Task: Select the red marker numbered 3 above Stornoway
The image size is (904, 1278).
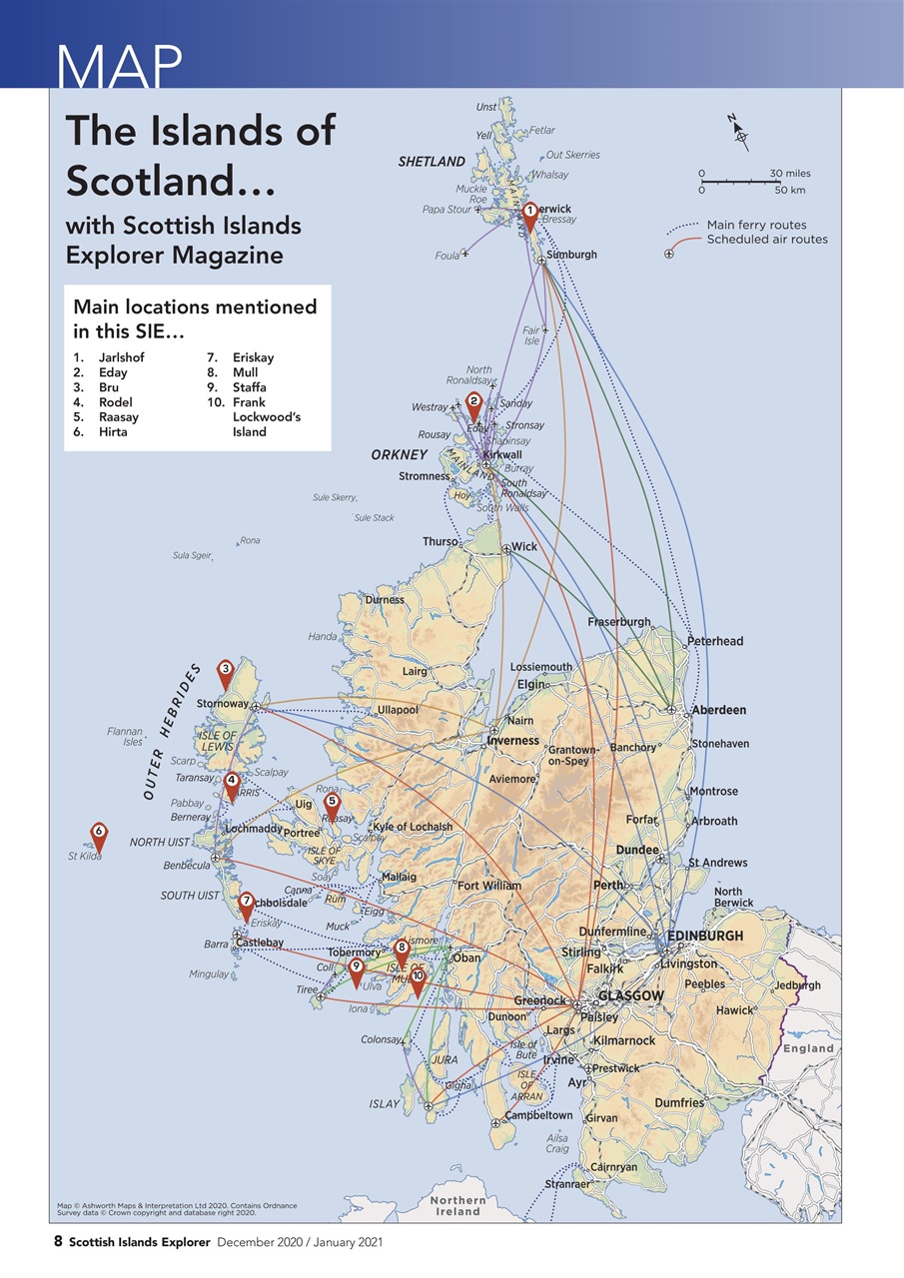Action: click(226, 673)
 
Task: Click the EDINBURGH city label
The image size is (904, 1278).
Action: click(705, 936)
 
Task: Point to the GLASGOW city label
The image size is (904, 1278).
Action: click(631, 996)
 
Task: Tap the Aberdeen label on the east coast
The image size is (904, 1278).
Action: click(719, 710)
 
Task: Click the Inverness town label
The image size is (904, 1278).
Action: click(512, 741)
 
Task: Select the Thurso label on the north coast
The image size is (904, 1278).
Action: click(440, 541)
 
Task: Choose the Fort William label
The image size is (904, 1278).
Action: click(488, 885)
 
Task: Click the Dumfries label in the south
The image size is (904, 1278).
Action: click(679, 1103)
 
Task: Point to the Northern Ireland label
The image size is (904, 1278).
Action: click(458, 1205)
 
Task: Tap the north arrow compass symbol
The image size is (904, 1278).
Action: click(738, 133)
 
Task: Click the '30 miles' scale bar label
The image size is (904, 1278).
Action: click(790, 174)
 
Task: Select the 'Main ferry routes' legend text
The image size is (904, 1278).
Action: click(756, 225)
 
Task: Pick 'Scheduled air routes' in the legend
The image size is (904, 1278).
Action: click(767, 239)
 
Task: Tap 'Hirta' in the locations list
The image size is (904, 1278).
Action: click(113, 431)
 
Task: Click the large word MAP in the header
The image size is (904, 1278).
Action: click(120, 66)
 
